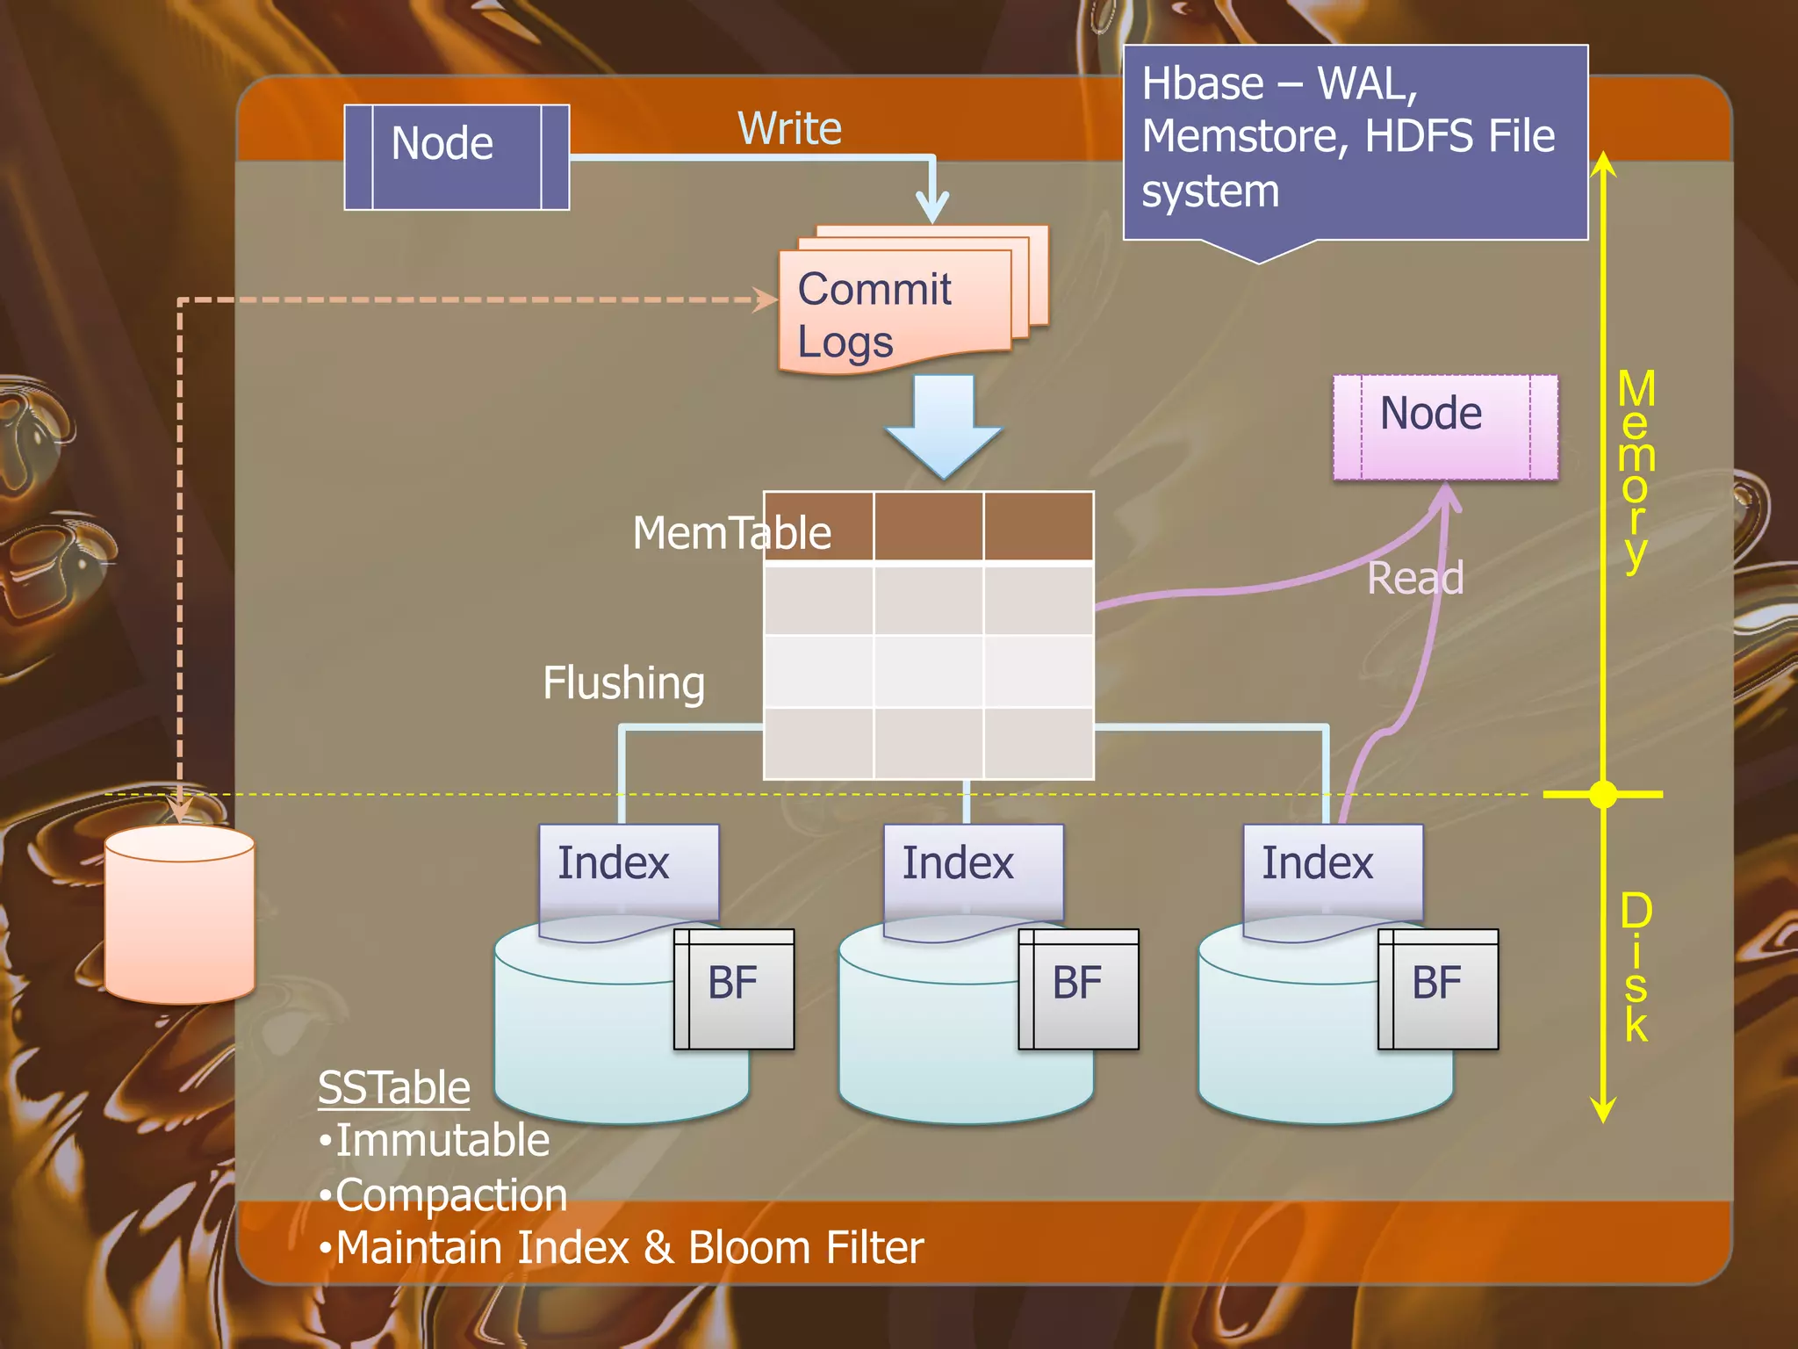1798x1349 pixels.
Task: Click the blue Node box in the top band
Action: (457, 157)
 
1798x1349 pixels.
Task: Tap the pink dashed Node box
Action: (1445, 427)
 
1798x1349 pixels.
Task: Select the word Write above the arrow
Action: (789, 128)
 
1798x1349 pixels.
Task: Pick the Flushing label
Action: (623, 683)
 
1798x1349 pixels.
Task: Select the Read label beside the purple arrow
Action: (1415, 578)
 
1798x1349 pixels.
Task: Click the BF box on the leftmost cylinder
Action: (735, 988)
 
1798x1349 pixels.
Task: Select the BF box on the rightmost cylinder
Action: (1439, 988)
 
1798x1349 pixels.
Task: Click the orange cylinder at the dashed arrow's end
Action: (180, 918)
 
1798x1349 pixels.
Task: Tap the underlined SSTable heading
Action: (393, 1087)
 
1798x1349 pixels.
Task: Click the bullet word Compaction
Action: (451, 1195)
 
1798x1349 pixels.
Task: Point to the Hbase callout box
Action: (1355, 141)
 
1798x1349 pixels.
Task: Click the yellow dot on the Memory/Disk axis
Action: (1603, 794)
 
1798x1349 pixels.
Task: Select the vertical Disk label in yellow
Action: (1636, 966)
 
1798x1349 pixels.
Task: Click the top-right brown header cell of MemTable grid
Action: (1038, 525)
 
